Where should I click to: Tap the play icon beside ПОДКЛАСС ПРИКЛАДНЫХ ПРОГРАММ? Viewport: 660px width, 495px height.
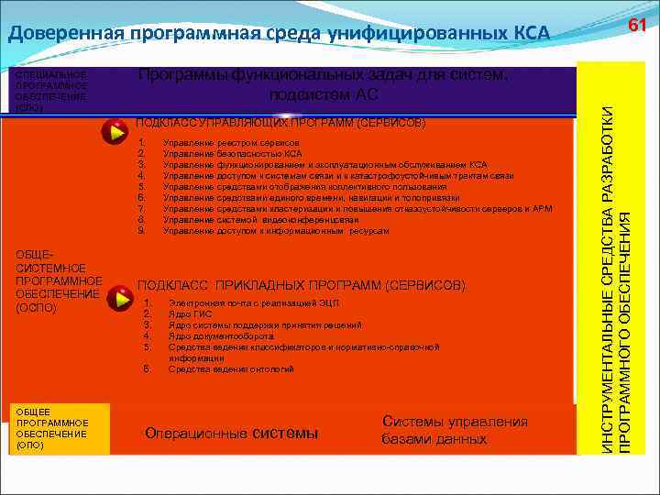(119, 298)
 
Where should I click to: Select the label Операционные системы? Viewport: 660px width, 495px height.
(232, 433)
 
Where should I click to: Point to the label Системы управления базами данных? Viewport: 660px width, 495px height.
(455, 430)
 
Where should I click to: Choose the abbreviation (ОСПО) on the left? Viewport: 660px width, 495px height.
(37, 308)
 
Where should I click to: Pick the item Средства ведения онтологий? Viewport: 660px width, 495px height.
(232, 368)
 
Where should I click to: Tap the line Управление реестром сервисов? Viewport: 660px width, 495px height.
(231, 144)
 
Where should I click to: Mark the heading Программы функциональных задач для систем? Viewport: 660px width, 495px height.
(322, 75)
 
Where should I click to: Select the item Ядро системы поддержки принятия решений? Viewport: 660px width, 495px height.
(265, 325)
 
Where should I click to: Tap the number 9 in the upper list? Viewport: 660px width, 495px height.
(140, 231)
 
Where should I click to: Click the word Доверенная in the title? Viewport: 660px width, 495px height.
(65, 35)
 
